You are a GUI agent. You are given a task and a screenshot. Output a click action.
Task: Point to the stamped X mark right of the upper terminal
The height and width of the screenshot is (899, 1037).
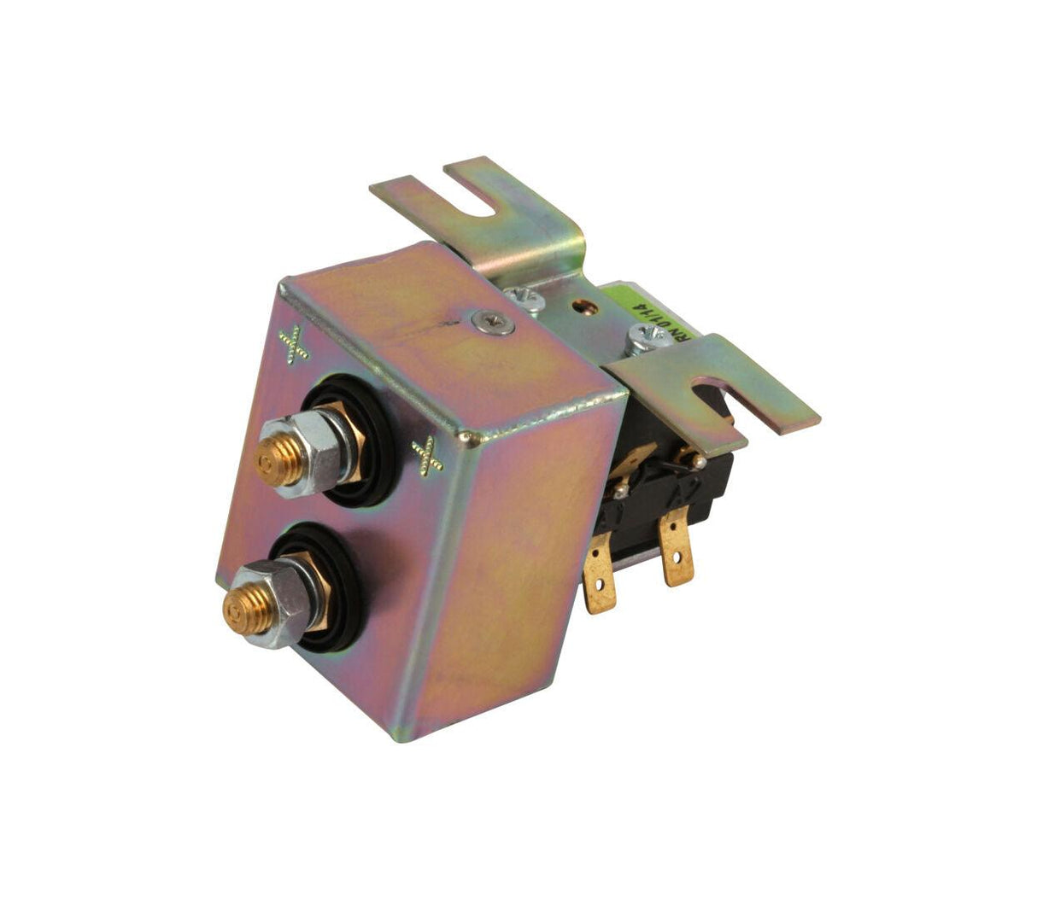coord(426,454)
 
